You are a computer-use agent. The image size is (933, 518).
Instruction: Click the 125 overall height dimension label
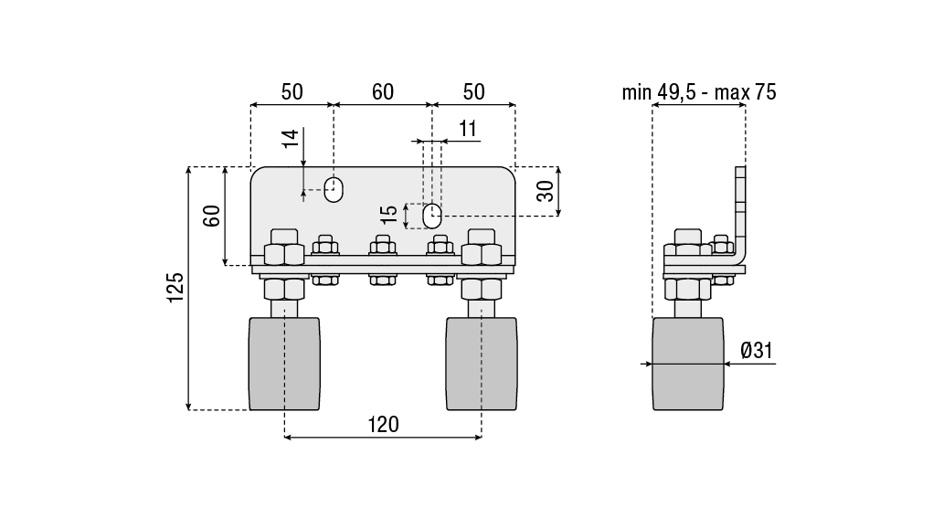click(x=175, y=288)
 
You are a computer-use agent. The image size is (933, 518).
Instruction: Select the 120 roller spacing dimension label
click(x=383, y=425)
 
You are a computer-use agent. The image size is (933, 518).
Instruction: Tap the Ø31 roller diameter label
click(x=757, y=350)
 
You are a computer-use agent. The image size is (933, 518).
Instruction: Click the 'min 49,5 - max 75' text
click(x=698, y=92)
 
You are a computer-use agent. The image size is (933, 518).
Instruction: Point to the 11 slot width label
click(x=468, y=129)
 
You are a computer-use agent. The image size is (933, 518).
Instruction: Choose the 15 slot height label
click(x=389, y=214)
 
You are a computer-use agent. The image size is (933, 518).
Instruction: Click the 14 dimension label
click(x=291, y=139)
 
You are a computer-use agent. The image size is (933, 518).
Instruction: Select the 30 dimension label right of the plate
click(x=545, y=190)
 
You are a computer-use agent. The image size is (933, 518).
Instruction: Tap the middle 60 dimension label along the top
click(x=383, y=92)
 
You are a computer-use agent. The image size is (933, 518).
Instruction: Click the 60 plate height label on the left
click(x=211, y=216)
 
